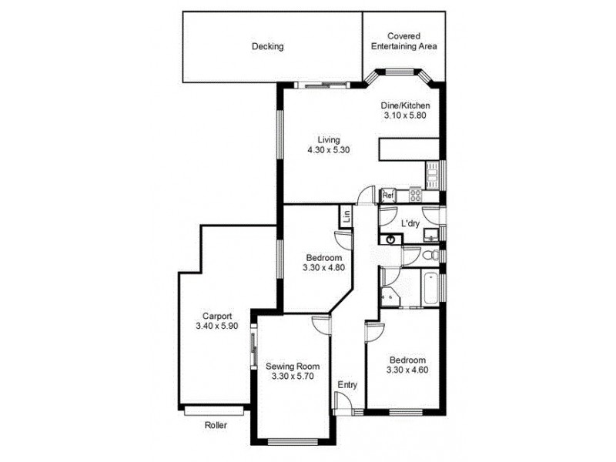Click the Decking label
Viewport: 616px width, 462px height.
(267, 46)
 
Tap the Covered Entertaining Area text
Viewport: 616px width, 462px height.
(404, 41)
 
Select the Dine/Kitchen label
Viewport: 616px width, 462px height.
(405, 105)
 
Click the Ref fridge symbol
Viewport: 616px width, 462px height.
(388, 195)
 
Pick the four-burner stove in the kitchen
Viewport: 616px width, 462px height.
(416, 195)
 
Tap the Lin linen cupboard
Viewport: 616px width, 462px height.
(346, 217)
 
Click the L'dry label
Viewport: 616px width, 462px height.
(410, 223)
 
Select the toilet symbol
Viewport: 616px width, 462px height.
(434, 255)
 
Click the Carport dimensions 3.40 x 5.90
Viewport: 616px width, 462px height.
(218, 326)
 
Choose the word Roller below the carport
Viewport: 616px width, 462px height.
(216, 425)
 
